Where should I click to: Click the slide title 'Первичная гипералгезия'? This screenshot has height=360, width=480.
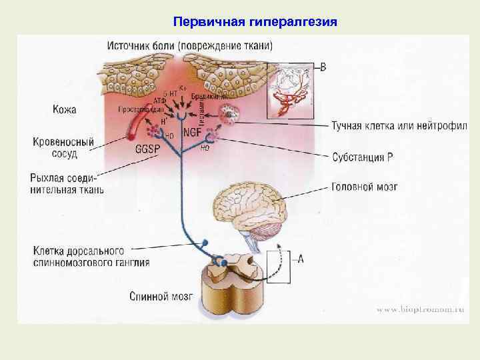[x=255, y=22]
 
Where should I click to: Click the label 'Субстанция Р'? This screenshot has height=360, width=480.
[x=367, y=157]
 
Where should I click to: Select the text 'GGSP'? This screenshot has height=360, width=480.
[x=148, y=149]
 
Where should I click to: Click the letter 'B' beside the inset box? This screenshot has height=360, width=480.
[x=323, y=66]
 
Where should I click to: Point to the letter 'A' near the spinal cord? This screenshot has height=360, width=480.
[x=301, y=259]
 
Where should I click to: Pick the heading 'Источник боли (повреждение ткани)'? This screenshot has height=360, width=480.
[x=189, y=45]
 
